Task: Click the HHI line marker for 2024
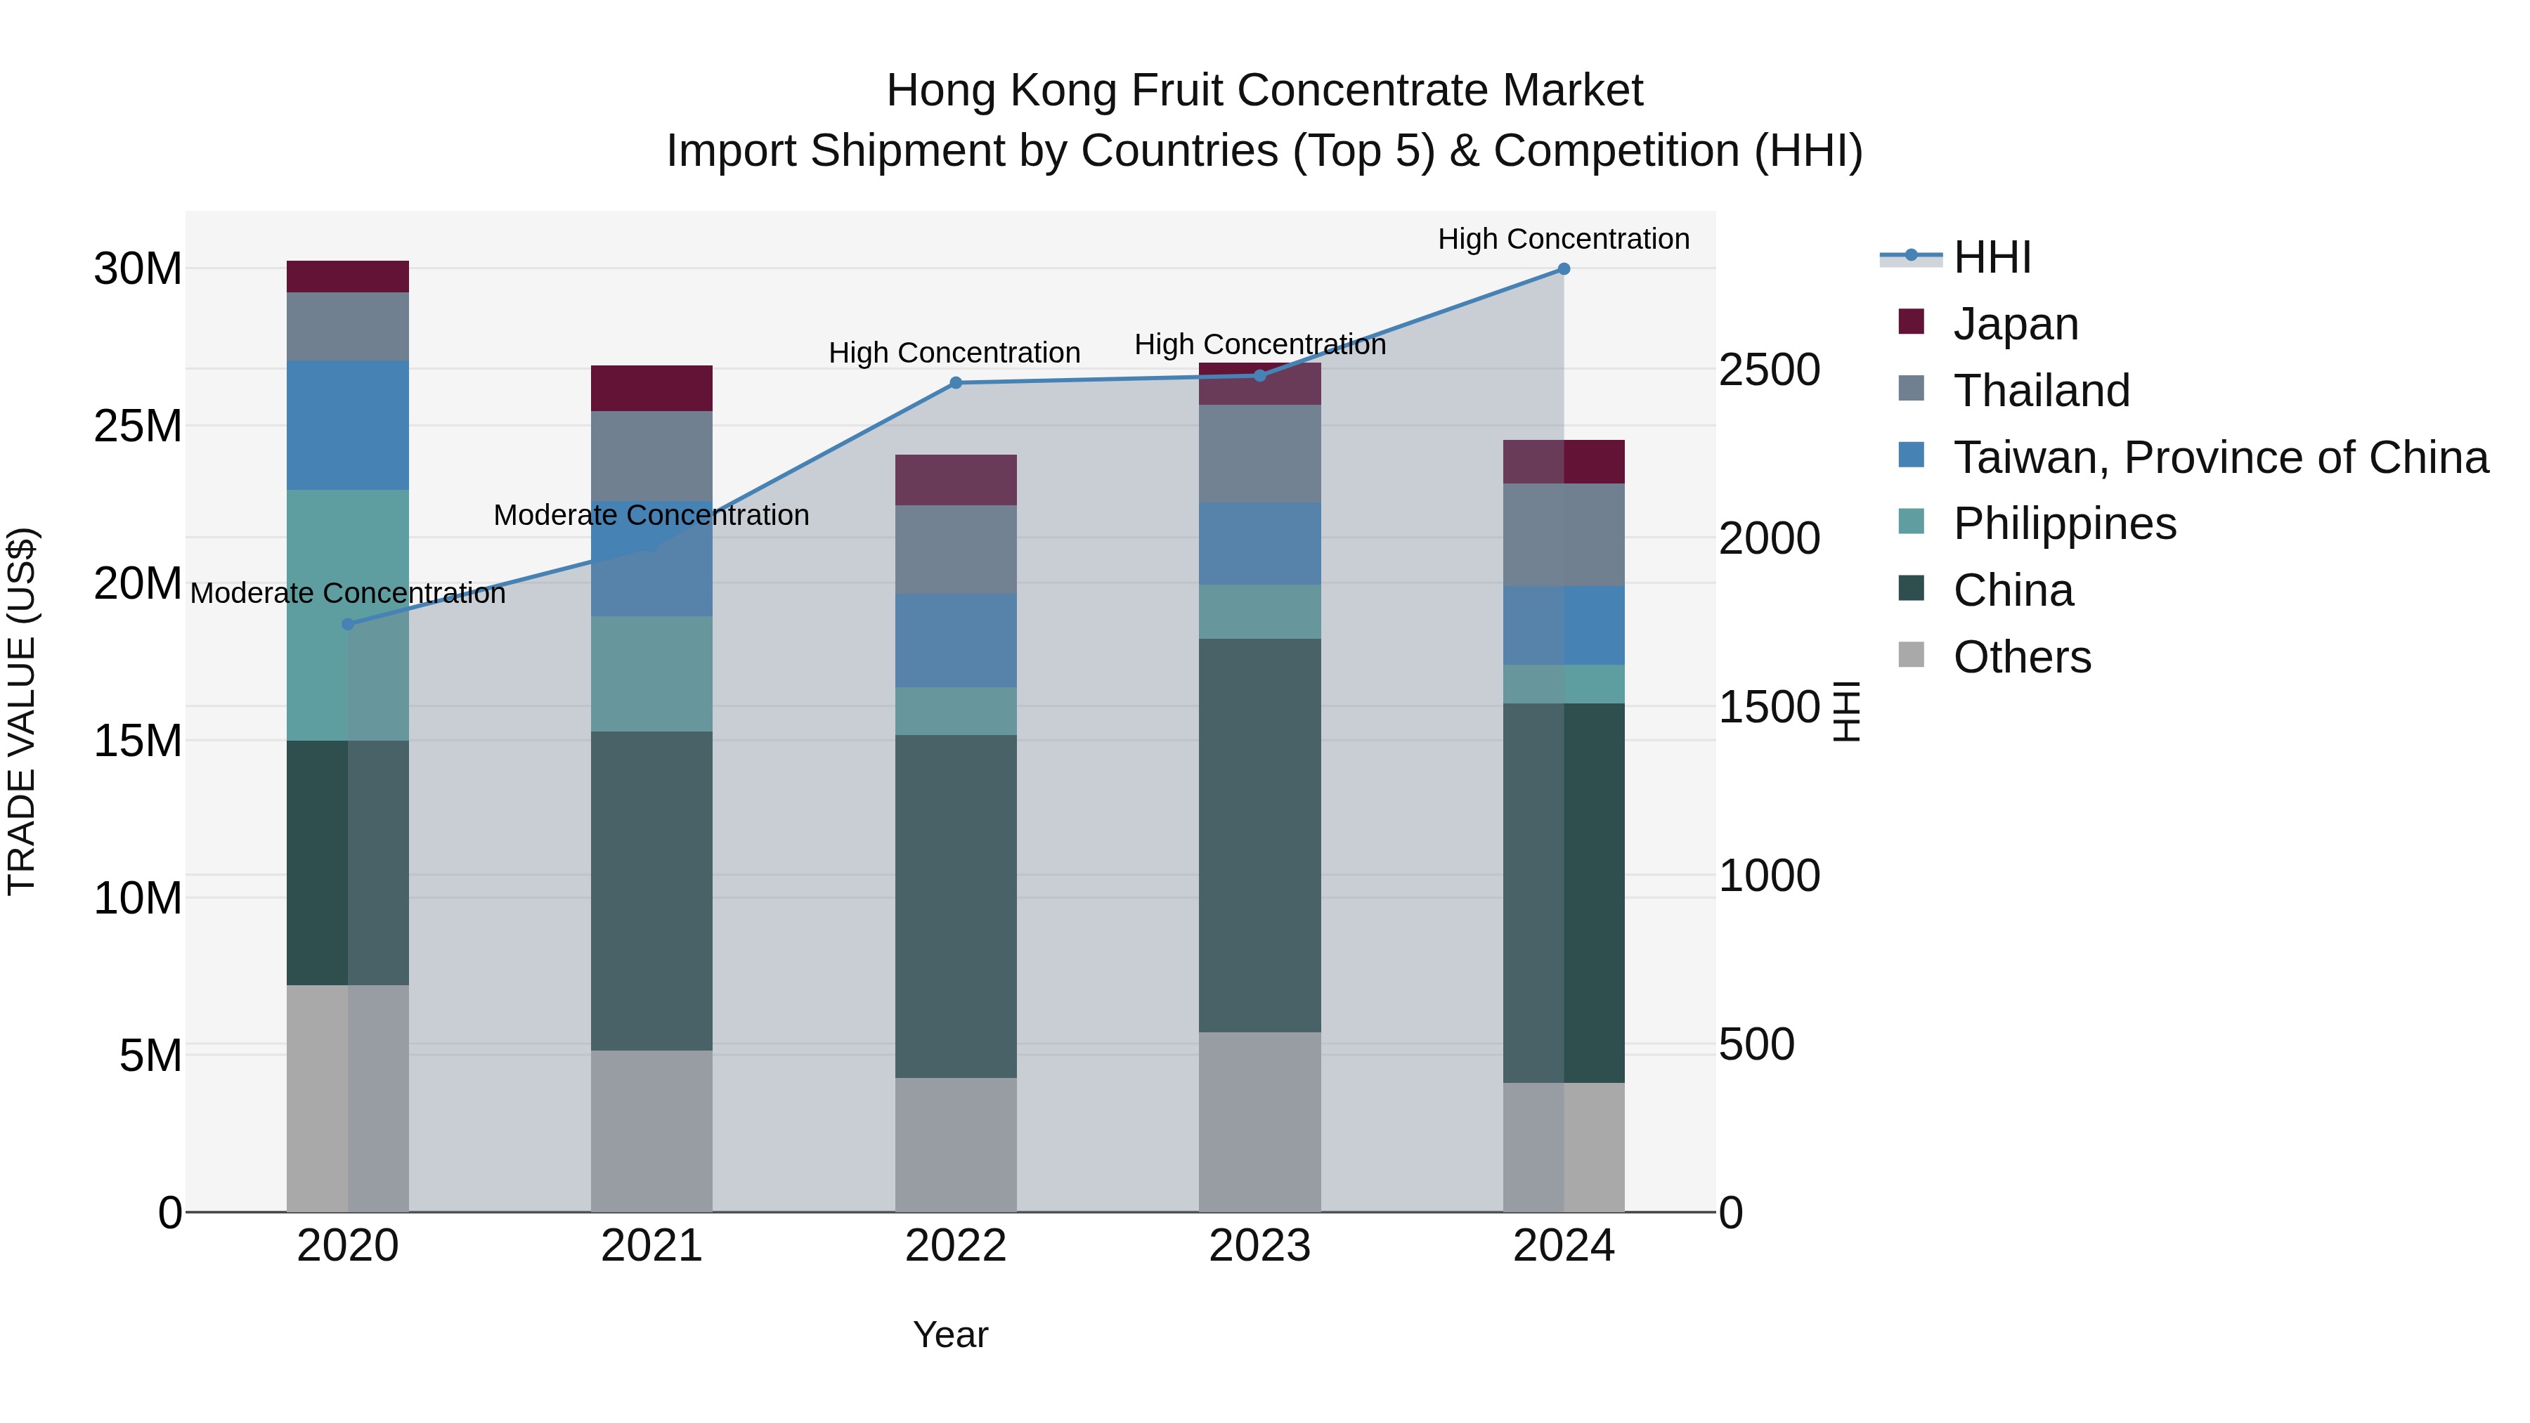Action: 1564,269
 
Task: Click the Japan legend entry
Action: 2016,324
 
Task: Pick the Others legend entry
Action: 2021,657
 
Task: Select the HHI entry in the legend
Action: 1991,257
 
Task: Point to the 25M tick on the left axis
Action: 138,427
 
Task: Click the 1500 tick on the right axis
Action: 1769,707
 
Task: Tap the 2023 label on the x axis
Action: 1259,1246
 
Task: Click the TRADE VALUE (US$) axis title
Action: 22,711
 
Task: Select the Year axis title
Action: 949,1334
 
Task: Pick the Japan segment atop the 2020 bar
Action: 348,277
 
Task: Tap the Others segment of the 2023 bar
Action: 1259,1121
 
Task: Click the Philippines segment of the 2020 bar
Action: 348,615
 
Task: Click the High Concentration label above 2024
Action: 1564,239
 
